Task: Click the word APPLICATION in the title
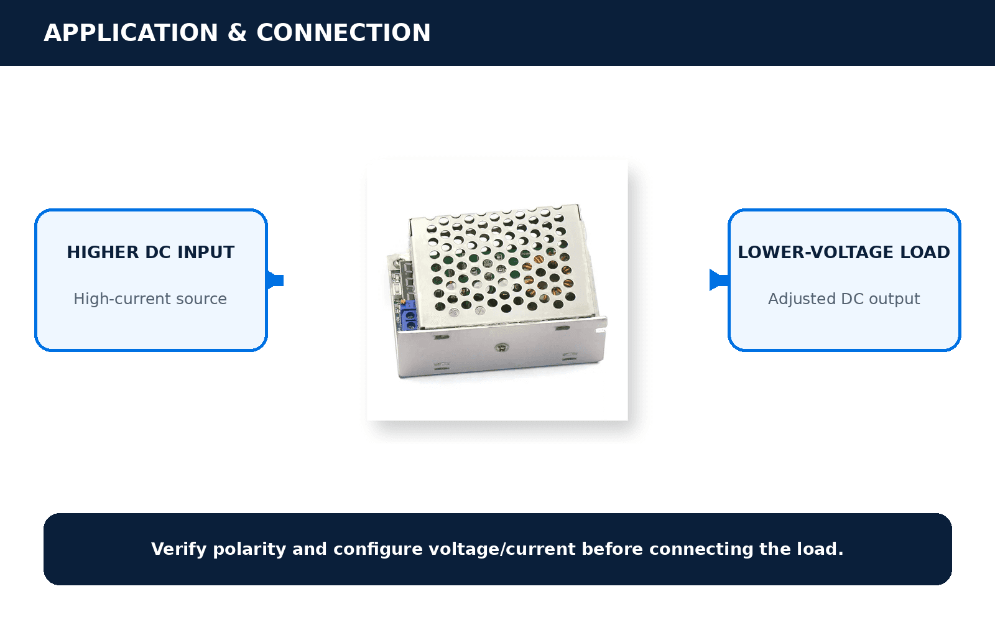coord(131,33)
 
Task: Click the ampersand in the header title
coord(237,33)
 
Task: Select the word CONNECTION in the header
coord(343,33)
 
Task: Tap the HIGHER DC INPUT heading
coord(150,253)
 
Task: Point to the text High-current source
coord(150,299)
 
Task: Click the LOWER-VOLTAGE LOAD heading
coord(844,253)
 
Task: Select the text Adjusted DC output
coord(844,299)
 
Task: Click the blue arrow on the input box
coord(275,281)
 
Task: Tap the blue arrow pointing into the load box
coord(719,281)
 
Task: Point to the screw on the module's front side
coord(502,348)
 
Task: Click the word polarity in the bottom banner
coord(249,549)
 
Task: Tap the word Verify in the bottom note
coord(178,549)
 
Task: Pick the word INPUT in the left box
coord(206,253)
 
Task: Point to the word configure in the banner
coord(377,549)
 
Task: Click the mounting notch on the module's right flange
coord(601,330)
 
